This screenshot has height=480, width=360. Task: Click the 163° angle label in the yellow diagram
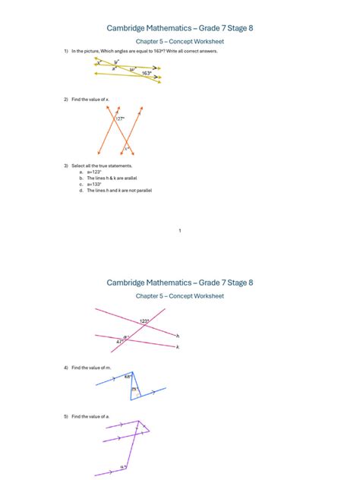click(x=147, y=74)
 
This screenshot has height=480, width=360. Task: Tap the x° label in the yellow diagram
click(x=98, y=64)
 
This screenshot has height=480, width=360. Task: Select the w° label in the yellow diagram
click(x=131, y=69)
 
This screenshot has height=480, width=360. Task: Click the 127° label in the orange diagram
click(x=120, y=118)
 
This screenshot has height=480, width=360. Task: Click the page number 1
click(x=179, y=230)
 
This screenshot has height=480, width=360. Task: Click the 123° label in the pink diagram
click(x=144, y=321)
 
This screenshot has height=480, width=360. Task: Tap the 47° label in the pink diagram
click(x=119, y=342)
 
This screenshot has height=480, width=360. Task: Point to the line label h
click(x=178, y=336)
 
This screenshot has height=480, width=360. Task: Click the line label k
click(x=178, y=347)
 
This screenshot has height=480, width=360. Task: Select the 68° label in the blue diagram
click(x=128, y=375)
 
